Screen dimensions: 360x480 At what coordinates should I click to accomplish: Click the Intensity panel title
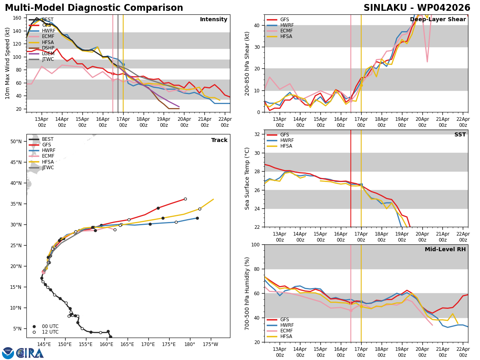click(214, 20)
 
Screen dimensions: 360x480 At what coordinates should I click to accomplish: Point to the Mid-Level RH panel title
click(445, 250)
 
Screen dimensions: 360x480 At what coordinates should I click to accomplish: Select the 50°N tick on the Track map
click(16, 142)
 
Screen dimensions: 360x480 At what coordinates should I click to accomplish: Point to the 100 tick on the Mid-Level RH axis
click(256, 245)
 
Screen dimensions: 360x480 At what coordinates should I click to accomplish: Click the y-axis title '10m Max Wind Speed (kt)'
click(8, 63)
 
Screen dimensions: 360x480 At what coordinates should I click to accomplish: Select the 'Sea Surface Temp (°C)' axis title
click(248, 178)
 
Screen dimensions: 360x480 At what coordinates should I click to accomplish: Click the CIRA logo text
click(30, 353)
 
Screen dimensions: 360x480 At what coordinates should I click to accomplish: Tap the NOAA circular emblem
click(8, 353)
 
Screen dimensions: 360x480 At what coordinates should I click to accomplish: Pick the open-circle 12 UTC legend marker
click(34, 332)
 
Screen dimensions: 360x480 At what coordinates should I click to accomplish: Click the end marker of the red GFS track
click(185, 199)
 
